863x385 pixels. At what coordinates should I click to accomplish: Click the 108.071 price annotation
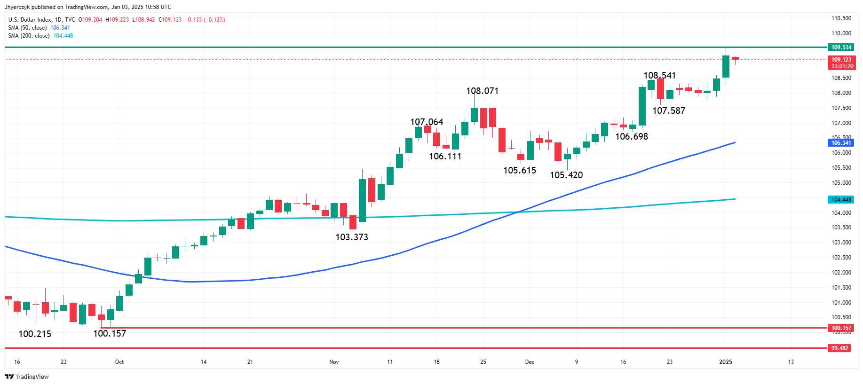coord(482,91)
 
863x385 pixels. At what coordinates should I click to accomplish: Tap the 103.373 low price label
coord(351,237)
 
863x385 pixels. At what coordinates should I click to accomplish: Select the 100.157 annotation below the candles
coord(110,333)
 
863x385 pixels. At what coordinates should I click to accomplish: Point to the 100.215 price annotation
coord(35,334)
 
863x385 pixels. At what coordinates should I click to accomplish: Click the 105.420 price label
coord(566,175)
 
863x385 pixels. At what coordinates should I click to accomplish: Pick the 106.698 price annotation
coord(631,136)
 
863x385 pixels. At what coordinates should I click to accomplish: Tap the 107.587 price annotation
coord(668,110)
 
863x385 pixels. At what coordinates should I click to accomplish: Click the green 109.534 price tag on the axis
coord(841,47)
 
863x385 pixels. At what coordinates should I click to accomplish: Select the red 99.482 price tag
coord(839,348)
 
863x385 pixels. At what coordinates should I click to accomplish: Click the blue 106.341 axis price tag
coord(841,143)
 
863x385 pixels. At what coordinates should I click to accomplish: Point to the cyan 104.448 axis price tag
coord(841,200)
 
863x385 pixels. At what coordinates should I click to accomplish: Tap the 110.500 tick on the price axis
coord(841,18)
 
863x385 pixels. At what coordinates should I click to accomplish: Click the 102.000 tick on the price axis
coord(841,273)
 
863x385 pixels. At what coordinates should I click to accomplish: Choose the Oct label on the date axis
coord(119,362)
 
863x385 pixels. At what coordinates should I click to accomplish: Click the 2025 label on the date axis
coord(726,362)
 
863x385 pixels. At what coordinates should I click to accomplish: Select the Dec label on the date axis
coord(530,362)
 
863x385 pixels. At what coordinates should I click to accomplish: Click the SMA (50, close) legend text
coord(27,28)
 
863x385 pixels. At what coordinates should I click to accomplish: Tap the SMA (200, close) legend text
coord(29,36)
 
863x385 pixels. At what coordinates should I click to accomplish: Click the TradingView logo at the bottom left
coord(27,377)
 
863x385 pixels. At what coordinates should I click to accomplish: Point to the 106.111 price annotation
coord(445,156)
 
